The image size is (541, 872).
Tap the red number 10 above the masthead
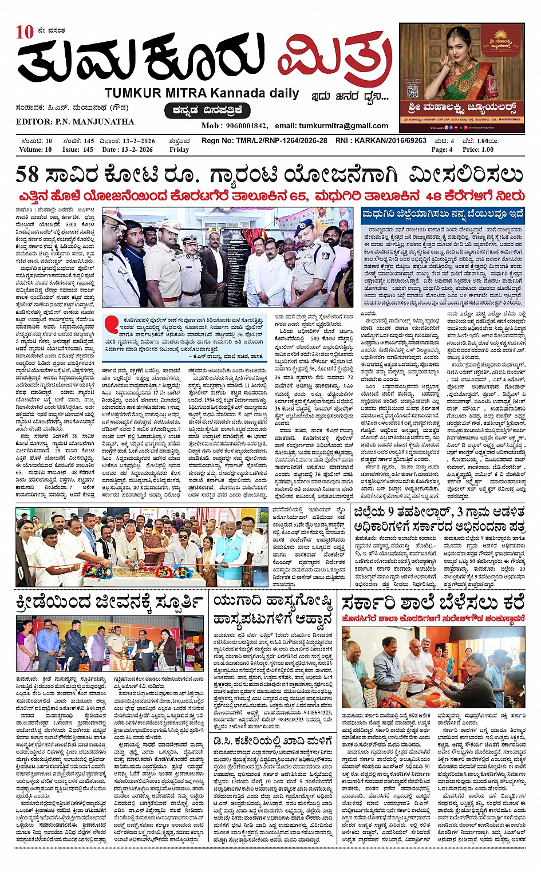click(25, 32)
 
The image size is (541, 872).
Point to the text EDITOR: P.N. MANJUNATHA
click(75, 122)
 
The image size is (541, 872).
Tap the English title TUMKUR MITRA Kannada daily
click(202, 93)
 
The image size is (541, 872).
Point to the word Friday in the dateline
click(179, 149)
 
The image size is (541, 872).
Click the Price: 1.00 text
click(478, 149)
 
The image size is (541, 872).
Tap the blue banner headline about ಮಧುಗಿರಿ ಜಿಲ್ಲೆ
click(443, 214)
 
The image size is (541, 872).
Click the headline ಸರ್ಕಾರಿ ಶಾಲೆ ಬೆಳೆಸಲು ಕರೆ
click(433, 603)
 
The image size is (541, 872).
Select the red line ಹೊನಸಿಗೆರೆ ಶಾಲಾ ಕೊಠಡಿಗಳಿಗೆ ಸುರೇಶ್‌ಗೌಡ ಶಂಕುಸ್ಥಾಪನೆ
click(433, 619)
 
